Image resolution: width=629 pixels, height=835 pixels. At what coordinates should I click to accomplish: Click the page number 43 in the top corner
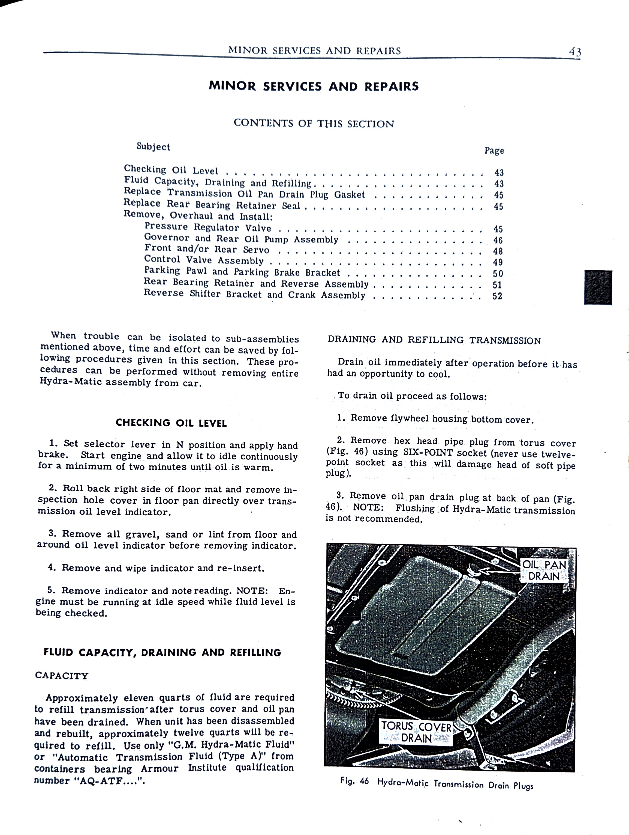575,52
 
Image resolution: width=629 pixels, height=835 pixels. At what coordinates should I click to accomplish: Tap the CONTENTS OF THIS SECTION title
314,123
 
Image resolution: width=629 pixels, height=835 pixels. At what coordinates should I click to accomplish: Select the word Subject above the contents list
153,147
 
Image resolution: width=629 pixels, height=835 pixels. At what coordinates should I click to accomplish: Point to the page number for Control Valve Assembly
498,262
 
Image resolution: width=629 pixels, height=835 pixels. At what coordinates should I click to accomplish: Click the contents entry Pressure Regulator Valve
208,227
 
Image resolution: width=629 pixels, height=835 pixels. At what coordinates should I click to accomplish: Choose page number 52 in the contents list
497,296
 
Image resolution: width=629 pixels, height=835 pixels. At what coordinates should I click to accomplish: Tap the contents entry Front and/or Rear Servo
207,249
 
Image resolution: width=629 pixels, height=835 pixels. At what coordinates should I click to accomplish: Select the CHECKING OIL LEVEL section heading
171,423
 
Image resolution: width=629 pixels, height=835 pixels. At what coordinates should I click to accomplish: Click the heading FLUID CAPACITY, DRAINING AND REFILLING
162,653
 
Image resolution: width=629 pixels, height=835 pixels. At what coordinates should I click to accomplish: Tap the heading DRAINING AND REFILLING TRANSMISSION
434,340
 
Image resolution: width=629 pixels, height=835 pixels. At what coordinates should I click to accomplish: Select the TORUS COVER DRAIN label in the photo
416,732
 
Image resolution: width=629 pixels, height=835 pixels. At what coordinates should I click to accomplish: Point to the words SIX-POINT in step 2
428,453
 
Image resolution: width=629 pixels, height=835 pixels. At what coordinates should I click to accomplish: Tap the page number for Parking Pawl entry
498,274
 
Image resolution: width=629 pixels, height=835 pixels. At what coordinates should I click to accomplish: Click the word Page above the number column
494,151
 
